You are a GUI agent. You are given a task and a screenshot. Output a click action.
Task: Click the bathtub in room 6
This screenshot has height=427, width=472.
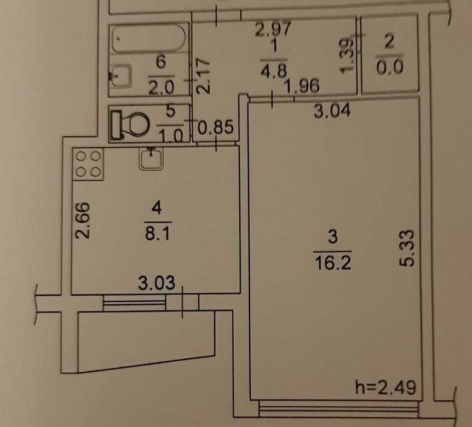click(148, 39)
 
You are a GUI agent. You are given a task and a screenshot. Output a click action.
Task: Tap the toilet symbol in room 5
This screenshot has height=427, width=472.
click(130, 124)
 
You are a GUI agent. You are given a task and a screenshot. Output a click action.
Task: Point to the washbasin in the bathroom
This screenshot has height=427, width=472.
click(120, 76)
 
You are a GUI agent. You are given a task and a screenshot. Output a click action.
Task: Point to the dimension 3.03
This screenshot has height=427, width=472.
click(156, 284)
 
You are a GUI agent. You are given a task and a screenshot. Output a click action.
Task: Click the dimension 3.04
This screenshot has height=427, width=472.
click(331, 111)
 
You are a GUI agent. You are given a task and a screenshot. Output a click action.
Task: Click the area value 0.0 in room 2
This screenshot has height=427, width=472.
click(390, 68)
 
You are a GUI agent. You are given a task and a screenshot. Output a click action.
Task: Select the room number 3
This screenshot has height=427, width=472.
click(332, 238)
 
